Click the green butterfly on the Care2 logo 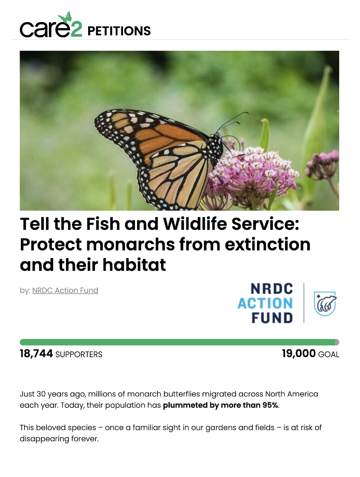pyautogui.click(x=65, y=17)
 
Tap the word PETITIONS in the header pyautogui.click(x=119, y=31)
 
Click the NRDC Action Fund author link pyautogui.click(x=65, y=290)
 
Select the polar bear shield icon pyautogui.click(x=325, y=303)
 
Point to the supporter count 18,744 pyautogui.click(x=36, y=353)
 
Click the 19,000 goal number pyautogui.click(x=299, y=353)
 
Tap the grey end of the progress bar pyautogui.click(x=337, y=342)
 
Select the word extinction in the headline pyautogui.click(x=268, y=244)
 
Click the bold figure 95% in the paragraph pyautogui.click(x=270, y=405)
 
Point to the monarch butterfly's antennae pyautogui.click(x=233, y=122)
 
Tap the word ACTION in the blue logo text pyautogui.click(x=265, y=303)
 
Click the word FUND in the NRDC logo pyautogui.click(x=272, y=318)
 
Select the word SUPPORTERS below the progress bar pyautogui.click(x=79, y=354)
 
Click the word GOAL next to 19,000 pyautogui.click(x=329, y=354)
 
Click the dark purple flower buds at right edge pyautogui.click(x=323, y=165)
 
